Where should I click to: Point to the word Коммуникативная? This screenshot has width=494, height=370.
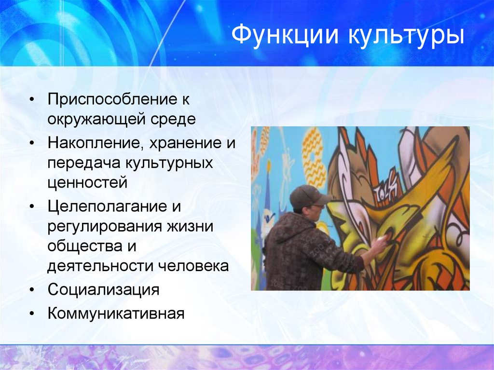[x=116, y=314]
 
